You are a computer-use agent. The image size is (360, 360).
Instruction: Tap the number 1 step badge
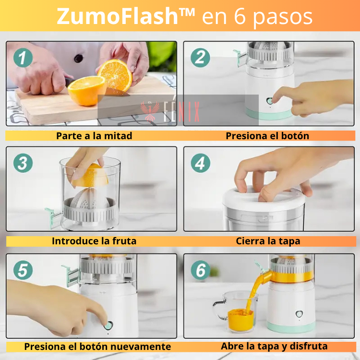[23, 58]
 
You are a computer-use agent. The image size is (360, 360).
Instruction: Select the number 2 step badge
[200, 58]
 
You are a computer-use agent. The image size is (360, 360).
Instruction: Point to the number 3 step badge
[23, 163]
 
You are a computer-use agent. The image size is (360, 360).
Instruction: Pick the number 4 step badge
[201, 163]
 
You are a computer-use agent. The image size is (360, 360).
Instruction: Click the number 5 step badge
[23, 270]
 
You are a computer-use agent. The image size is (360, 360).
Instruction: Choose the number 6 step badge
[201, 270]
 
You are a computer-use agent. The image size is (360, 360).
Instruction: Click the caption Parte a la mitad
[94, 136]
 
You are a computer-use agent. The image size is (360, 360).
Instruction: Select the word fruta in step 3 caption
[124, 241]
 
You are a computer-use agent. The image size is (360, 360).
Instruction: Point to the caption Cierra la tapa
[268, 241]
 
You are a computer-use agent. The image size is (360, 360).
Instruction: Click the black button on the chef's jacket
[79, 58]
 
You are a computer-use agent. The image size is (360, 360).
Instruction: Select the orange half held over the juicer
[90, 175]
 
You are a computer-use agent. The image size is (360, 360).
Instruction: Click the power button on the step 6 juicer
[299, 314]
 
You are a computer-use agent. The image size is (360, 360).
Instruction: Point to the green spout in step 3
[51, 217]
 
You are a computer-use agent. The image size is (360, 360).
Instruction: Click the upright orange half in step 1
[115, 75]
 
